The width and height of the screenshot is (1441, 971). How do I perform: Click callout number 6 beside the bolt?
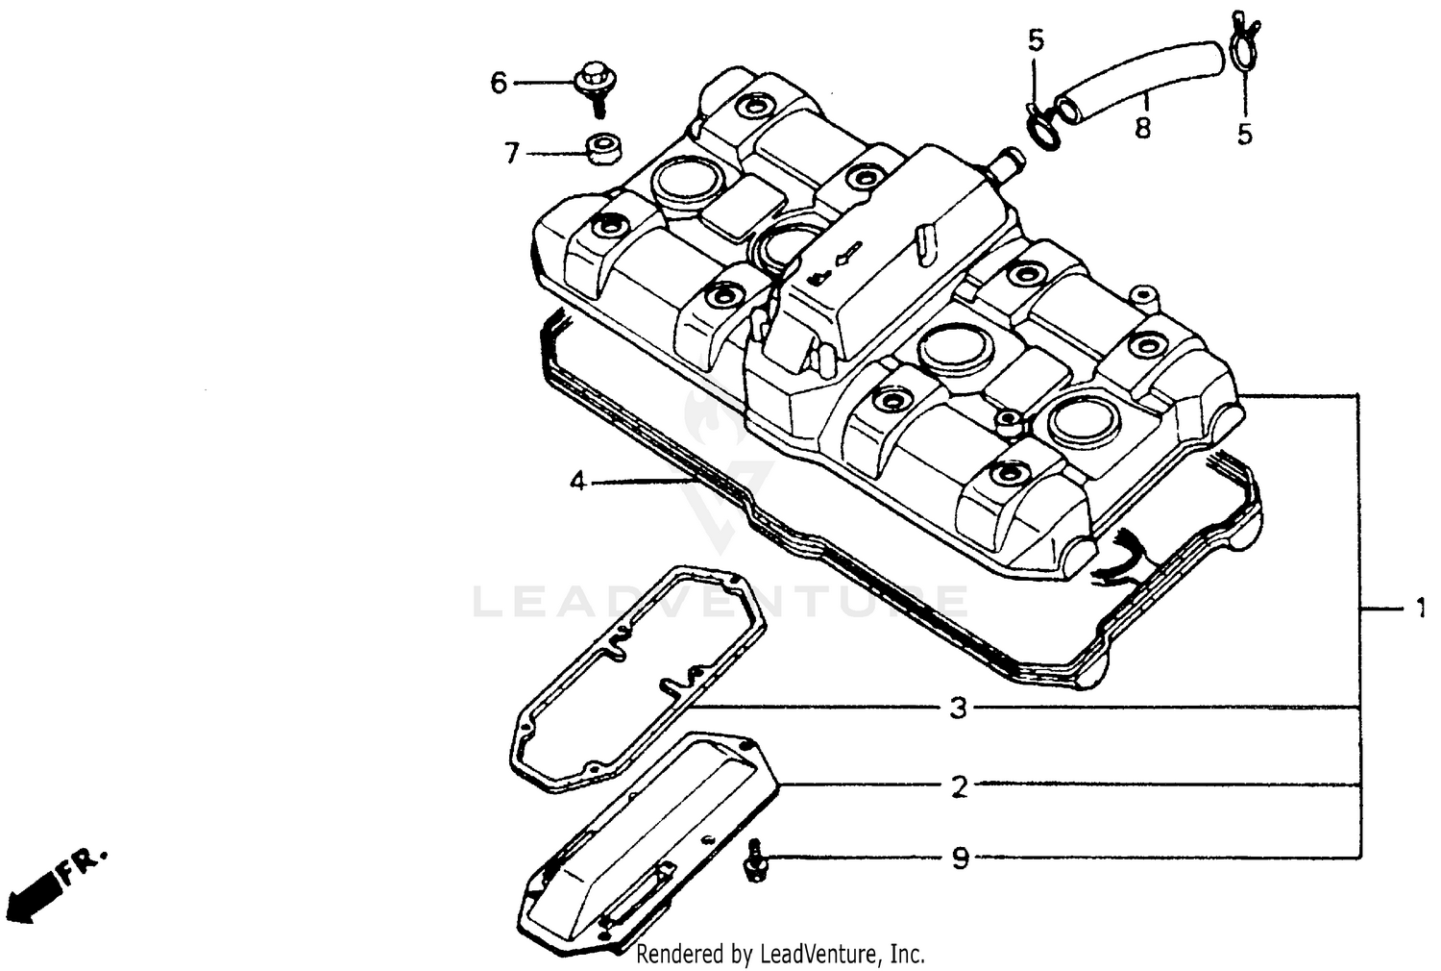click(x=498, y=84)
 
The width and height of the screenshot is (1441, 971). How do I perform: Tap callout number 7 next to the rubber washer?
click(x=511, y=153)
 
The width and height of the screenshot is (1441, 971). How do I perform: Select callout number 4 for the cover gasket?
click(x=576, y=481)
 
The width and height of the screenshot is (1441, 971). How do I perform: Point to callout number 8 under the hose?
click(x=1142, y=128)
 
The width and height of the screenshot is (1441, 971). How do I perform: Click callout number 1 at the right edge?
click(x=1419, y=609)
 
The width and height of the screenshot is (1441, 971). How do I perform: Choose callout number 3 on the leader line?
click(x=958, y=710)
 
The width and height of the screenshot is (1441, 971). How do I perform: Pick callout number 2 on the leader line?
click(x=958, y=786)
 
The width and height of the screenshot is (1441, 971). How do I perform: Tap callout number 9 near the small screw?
click(x=960, y=858)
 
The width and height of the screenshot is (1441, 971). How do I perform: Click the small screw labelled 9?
click(x=756, y=859)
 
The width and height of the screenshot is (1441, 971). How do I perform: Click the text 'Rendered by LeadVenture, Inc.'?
click(x=780, y=954)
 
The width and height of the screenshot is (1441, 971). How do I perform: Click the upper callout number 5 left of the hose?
click(x=1035, y=40)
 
